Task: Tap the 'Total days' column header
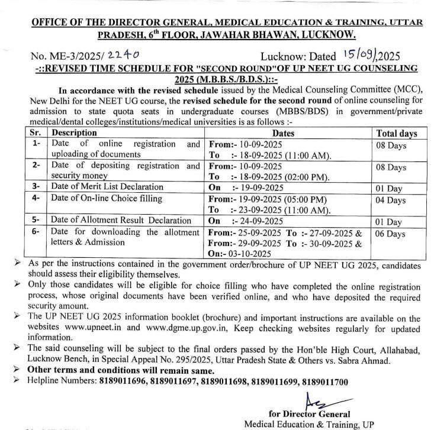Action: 397,134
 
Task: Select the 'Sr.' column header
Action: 36,134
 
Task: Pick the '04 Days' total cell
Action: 389,201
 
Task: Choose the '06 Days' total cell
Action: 389,234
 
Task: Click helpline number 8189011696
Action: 121,381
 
